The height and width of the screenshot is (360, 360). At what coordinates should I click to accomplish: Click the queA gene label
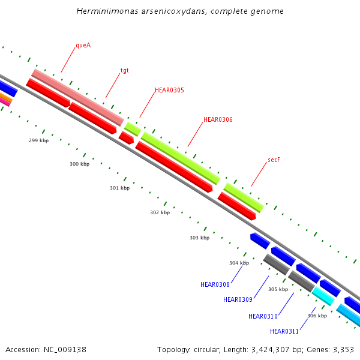tap(83, 45)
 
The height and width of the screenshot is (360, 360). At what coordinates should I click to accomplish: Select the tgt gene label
tap(125, 70)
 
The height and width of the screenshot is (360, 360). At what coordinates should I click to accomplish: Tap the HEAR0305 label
tap(169, 91)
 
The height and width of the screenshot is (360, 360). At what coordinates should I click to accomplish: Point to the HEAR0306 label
tap(218, 120)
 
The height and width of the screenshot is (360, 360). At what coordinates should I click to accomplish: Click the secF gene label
tap(274, 160)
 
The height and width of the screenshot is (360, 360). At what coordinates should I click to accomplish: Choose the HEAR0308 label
tap(215, 284)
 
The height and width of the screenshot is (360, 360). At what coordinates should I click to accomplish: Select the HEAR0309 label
tap(238, 299)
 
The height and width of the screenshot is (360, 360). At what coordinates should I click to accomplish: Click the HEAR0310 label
tap(263, 316)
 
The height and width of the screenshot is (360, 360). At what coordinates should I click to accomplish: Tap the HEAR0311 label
tap(284, 331)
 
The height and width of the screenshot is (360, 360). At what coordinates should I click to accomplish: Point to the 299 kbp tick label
tap(38, 140)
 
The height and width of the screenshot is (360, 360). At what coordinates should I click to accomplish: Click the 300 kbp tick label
tap(79, 164)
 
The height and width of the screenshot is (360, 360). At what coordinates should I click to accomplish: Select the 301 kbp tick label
tap(119, 188)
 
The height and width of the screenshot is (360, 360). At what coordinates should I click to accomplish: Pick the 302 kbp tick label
tap(160, 212)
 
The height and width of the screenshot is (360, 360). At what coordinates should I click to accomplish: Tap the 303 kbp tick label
tap(199, 238)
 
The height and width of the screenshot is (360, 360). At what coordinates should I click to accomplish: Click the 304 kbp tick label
tap(239, 263)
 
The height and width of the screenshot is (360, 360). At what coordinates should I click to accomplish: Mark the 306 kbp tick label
tap(317, 316)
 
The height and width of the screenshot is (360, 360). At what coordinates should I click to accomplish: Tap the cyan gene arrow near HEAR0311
tap(323, 296)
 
